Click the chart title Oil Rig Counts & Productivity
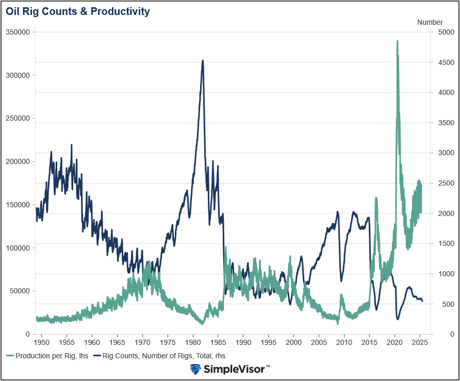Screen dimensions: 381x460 78,11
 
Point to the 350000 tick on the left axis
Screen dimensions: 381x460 18,32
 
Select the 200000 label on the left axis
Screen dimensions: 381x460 18,161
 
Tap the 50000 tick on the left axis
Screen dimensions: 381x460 20,291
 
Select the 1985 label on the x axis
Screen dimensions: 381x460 218,342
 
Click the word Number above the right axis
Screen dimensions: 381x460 430,22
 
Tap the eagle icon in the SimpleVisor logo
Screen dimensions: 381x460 195,369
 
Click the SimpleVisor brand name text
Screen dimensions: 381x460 235,369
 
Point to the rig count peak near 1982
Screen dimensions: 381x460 203,60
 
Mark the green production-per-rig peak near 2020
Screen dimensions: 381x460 397,41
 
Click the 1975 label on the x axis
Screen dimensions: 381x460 168,342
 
